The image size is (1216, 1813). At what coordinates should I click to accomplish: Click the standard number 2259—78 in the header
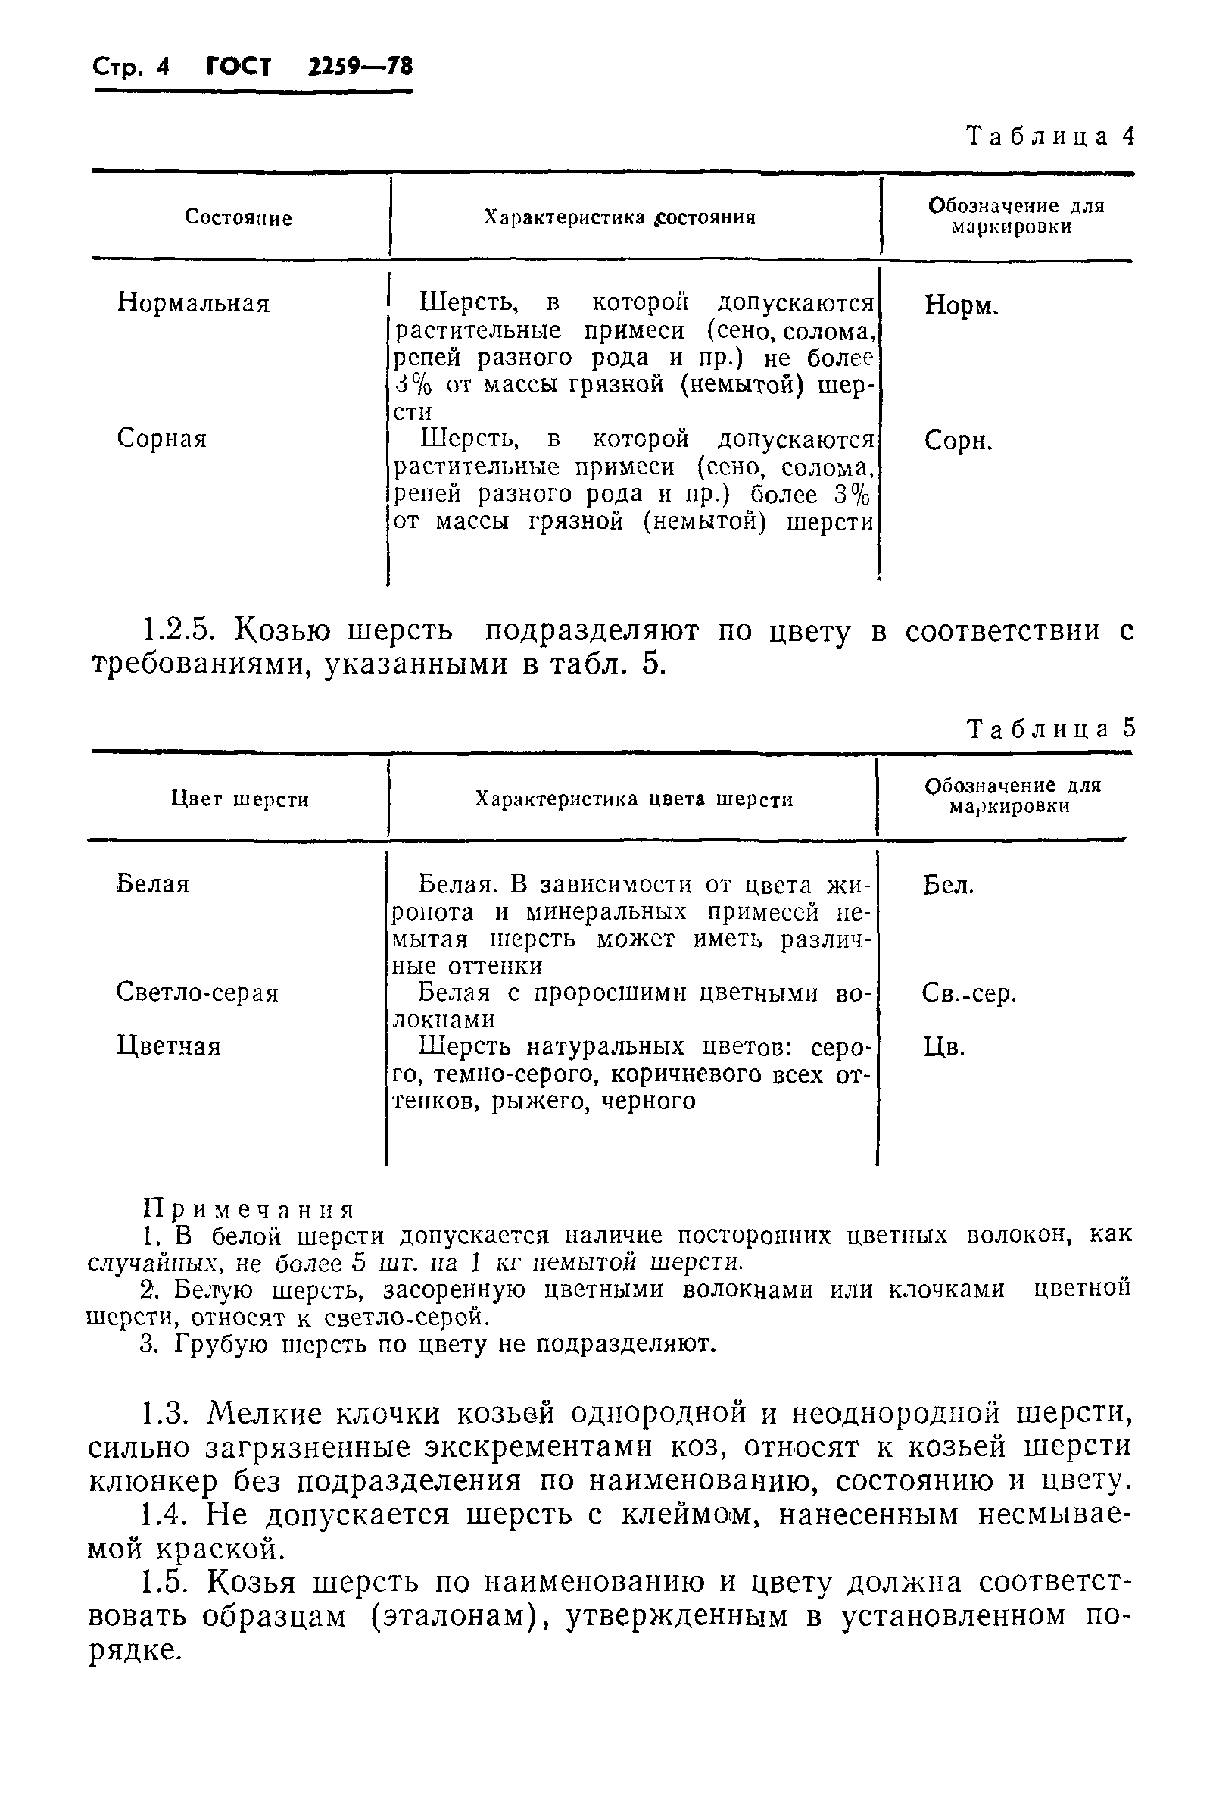pos(360,67)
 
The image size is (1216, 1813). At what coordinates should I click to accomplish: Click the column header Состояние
pos(238,218)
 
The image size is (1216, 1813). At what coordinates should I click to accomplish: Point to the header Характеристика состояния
pos(619,217)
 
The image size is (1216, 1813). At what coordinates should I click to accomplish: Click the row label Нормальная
pos(193,302)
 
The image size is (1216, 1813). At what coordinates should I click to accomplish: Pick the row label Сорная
pos(162,439)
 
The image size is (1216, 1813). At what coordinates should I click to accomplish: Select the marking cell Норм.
pos(961,305)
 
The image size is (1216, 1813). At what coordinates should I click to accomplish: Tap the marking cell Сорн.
pos(958,442)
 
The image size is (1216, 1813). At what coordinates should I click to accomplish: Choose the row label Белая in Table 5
pos(153,883)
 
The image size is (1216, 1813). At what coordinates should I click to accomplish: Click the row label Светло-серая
pos(197,992)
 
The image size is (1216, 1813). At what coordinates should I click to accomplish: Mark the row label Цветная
pos(169,1046)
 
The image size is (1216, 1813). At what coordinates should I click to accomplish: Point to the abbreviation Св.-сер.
pos(968,994)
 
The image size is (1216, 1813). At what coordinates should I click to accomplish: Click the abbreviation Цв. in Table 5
pos(943,1048)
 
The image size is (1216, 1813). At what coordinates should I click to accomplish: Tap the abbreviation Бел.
pos(948,885)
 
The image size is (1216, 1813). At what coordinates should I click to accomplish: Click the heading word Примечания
pos(249,1210)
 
